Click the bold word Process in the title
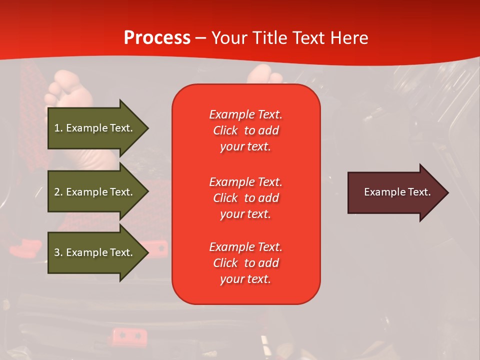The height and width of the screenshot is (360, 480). pyautogui.click(x=157, y=38)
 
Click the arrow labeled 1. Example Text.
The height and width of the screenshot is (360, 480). pyautogui.click(x=95, y=128)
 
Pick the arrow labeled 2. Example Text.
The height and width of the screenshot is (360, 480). pyautogui.click(x=95, y=192)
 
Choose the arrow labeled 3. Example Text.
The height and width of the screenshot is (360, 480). pyautogui.click(x=95, y=252)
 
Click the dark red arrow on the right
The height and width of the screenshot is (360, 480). pyautogui.click(x=395, y=192)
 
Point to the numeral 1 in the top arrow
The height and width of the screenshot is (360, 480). pyautogui.click(x=56, y=128)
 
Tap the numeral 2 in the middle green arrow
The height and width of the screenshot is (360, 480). pyautogui.click(x=57, y=192)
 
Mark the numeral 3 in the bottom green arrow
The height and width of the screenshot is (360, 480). pyautogui.click(x=57, y=252)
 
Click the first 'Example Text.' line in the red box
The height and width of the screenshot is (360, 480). pyautogui.click(x=245, y=114)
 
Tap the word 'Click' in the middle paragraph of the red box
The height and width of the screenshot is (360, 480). pyautogui.click(x=225, y=198)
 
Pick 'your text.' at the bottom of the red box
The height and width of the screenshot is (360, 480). pyautogui.click(x=245, y=279)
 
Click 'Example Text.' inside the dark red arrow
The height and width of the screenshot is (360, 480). pyautogui.click(x=397, y=192)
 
